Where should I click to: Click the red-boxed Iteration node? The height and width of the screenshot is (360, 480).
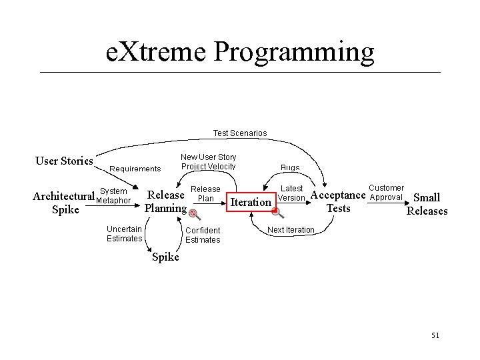point(250,202)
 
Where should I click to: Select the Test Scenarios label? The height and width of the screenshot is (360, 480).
point(239,133)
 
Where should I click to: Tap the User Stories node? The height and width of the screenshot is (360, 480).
point(64,161)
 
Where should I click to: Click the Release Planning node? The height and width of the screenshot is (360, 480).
point(165,201)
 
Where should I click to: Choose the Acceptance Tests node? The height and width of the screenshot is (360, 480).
point(338,201)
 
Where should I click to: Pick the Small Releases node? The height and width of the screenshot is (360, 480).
point(427,204)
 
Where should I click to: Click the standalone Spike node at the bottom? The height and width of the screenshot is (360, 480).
point(165,257)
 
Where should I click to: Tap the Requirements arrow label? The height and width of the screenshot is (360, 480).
point(135,169)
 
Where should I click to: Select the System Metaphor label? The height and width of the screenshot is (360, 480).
point(113,196)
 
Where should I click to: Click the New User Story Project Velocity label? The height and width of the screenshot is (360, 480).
point(208,162)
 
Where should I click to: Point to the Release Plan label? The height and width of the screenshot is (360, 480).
point(205,194)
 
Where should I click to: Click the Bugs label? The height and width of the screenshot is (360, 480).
point(290,168)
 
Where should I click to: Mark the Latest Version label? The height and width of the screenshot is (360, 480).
point(291,193)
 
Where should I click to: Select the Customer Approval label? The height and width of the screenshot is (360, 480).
point(386,192)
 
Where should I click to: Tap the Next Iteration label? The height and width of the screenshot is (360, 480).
point(290,230)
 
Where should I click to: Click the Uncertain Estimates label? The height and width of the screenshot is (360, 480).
point(124,234)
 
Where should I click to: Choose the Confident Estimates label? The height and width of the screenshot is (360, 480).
point(203,235)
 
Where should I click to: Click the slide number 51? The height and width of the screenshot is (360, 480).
point(435,335)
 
